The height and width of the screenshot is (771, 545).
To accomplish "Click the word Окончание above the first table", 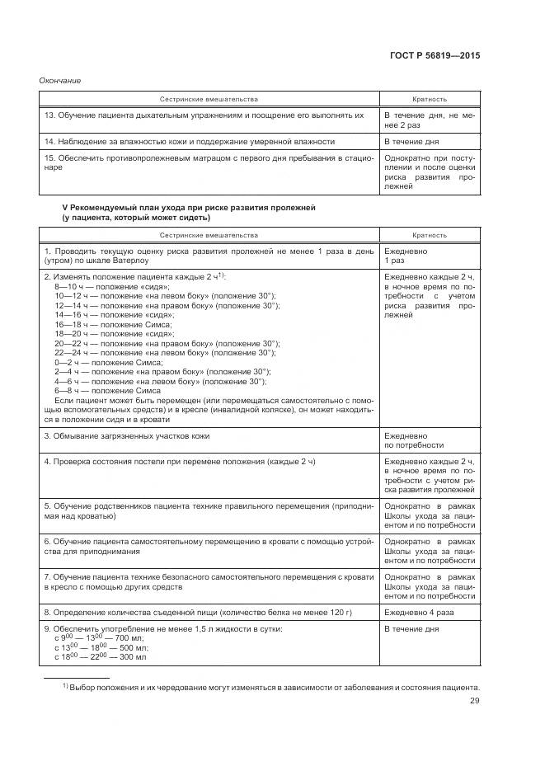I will click(x=58, y=80).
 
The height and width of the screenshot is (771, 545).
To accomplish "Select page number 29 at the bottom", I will click(x=474, y=701).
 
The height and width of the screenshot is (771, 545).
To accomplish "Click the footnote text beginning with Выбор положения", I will click(x=273, y=686).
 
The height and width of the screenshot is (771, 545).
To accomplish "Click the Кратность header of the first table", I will click(x=429, y=98).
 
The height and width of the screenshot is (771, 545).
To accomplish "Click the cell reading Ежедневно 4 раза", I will click(x=420, y=613).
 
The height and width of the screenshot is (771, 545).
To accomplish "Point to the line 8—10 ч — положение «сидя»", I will click(x=100, y=285).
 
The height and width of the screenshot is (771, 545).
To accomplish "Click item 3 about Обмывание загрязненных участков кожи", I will click(x=127, y=434).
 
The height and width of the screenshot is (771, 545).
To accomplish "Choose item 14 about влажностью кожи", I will click(x=190, y=141).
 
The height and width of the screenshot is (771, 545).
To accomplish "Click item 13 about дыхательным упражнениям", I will click(x=204, y=115).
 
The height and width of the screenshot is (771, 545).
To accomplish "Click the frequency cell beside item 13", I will click(x=429, y=120).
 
